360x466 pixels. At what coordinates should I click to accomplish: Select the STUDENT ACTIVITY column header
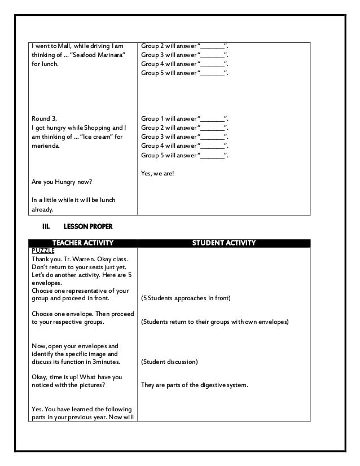click(x=225, y=243)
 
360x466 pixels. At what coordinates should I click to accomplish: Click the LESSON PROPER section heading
click(x=87, y=227)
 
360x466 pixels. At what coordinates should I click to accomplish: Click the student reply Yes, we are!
click(x=158, y=174)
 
